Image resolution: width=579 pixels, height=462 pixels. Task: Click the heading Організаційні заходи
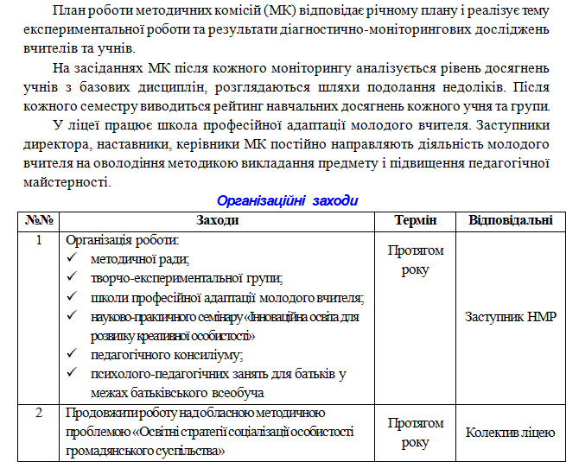point(286,200)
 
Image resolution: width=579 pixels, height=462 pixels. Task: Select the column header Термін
point(416,220)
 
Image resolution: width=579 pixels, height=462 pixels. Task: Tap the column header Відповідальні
point(510,220)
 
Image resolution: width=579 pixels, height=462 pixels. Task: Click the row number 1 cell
point(38,240)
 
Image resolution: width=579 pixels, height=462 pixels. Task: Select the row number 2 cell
point(38,412)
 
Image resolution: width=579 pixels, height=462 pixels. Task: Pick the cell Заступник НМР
point(510,317)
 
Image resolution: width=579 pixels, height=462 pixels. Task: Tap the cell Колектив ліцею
point(510,432)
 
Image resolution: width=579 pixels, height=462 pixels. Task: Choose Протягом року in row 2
point(416,432)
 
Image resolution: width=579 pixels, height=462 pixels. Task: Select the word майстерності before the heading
point(65,182)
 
